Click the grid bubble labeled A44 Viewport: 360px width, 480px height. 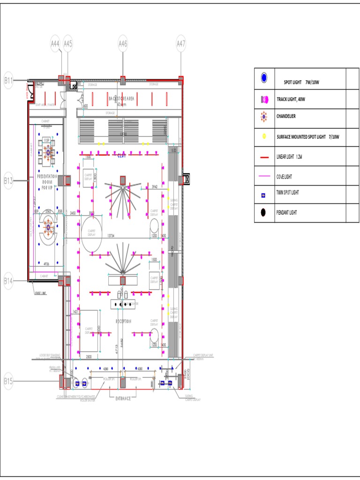pyautogui.click(x=55, y=44)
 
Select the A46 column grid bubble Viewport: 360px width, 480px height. pyautogui.click(x=123, y=44)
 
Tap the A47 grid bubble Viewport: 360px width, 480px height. pyautogui.click(x=181, y=44)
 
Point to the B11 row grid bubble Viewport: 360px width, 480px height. pyautogui.click(x=8, y=80)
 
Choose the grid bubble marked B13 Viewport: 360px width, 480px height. pyautogui.click(x=8, y=180)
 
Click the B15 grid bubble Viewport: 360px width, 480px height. pyautogui.click(x=8, y=381)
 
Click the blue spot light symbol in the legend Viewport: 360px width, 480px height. pyautogui.click(x=264, y=77)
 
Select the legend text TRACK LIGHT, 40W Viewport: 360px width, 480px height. pyautogui.click(x=291, y=99)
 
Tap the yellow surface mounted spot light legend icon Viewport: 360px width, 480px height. pyautogui.click(x=264, y=136)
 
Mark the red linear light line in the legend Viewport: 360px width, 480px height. pyautogui.click(x=264, y=157)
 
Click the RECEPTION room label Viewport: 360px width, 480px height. pyautogui.click(x=124, y=321)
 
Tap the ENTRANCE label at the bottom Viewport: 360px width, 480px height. pyautogui.click(x=123, y=398)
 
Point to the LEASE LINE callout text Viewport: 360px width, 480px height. pyautogui.click(x=40, y=294)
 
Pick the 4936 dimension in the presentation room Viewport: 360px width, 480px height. pyautogui.click(x=46, y=263)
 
